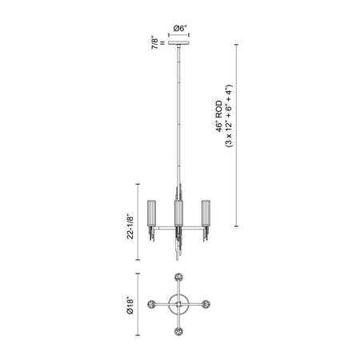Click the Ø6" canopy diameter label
pyautogui.click(x=180, y=28)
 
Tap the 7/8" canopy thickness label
pyautogui.click(x=154, y=42)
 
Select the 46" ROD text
pyautogui.click(x=219, y=116)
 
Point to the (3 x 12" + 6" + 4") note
pyautogui.click(x=229, y=116)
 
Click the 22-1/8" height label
pyautogui.click(x=130, y=226)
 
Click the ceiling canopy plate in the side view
pyautogui.click(x=178, y=42)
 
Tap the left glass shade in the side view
pyautogui.click(x=152, y=214)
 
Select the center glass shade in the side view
pyautogui.click(x=178, y=214)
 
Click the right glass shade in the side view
pyautogui.click(x=206, y=214)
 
